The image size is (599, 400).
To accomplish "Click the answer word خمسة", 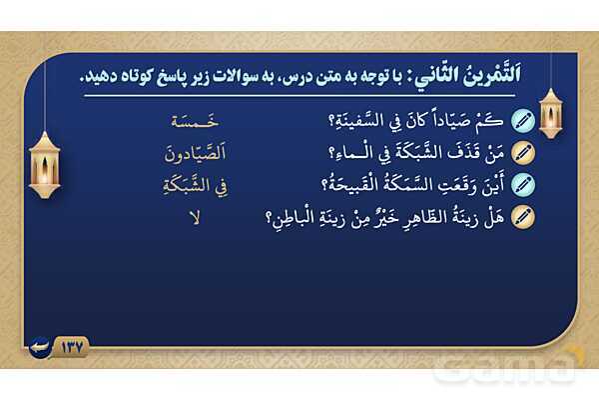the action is pos(195,121).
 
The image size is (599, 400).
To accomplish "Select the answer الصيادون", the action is pos(196,153).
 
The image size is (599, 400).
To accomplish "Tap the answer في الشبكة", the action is pos(196,186).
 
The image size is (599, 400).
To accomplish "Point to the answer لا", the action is pos(195,218).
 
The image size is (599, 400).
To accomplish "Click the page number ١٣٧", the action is pos(72,347).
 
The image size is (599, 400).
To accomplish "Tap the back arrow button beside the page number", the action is pos(40,347).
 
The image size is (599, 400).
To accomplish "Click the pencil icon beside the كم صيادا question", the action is pos(523,121).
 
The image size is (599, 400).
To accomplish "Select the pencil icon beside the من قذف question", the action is pos(523,153).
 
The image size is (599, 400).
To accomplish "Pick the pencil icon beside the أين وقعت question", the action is pos(523,185).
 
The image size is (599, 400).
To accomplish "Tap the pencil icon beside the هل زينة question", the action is pos(523,217).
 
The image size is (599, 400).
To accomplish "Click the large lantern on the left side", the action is pos(45,165).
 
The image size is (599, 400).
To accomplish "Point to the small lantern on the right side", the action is pos(550,114).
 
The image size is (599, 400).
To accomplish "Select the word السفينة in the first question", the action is pos(350,122).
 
